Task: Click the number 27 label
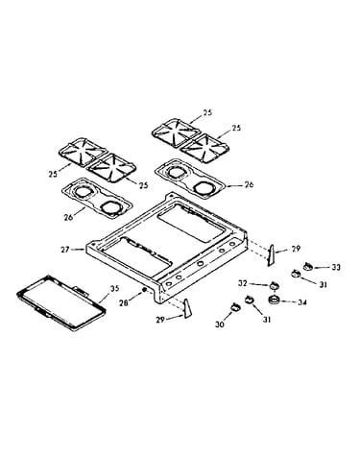point(65,250)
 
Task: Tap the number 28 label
point(123,302)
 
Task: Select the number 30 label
point(220,324)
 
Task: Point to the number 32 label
point(243,283)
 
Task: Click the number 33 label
point(336,267)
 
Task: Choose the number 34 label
point(302,301)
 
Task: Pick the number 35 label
point(114,288)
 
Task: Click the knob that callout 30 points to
point(235,307)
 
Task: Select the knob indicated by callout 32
point(274,285)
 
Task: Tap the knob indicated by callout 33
point(307,266)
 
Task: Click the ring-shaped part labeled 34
point(274,300)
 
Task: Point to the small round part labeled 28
point(144,289)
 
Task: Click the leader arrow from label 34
point(288,300)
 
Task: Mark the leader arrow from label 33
point(321,267)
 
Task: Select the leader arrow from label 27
point(78,250)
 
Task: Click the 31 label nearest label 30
point(267,319)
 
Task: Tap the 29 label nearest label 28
point(160,320)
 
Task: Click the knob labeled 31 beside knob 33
point(296,274)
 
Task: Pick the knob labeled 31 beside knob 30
point(249,300)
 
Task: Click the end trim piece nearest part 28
point(187,308)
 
